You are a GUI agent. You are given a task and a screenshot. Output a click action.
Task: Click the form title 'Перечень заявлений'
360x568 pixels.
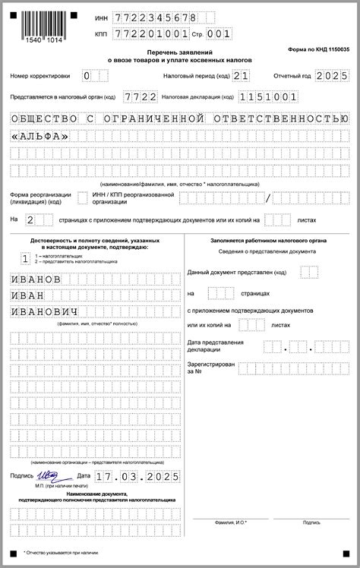point(179,51)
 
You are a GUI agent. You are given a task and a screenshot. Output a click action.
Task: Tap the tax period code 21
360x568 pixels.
point(241,76)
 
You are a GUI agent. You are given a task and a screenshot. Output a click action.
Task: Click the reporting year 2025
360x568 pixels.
point(331,76)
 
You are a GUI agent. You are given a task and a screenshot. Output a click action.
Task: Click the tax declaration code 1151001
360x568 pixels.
point(267,97)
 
